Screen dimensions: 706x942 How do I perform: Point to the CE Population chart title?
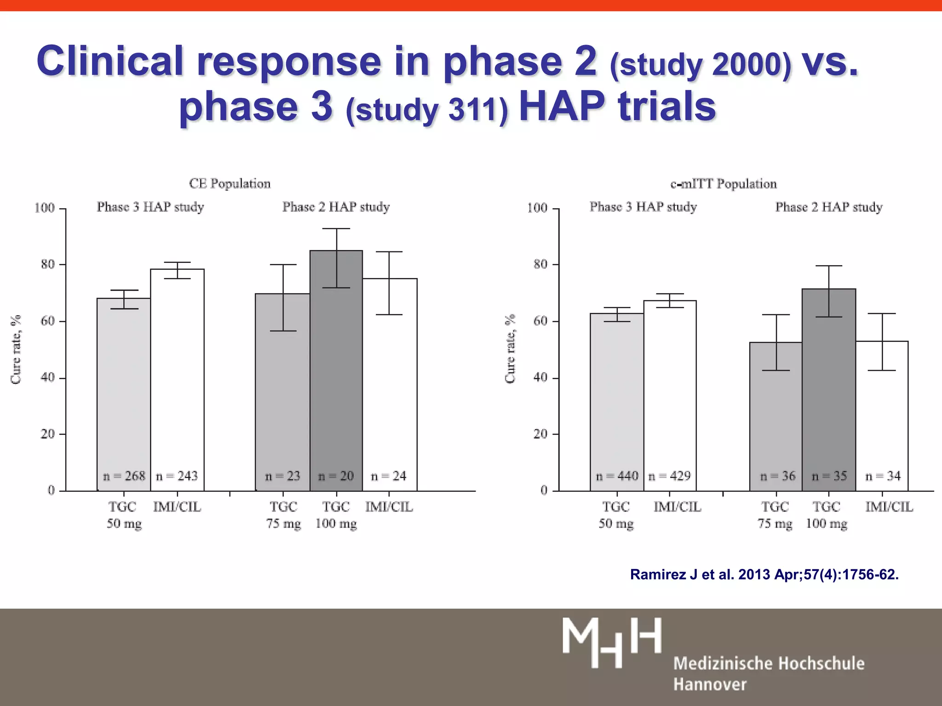pos(230,184)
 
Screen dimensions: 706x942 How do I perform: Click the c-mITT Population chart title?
pos(724,184)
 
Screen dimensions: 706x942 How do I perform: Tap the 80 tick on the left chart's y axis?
pos(47,264)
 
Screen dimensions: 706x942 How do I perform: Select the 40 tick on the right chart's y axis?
pos(540,377)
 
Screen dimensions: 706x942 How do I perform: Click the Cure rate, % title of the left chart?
pos(16,349)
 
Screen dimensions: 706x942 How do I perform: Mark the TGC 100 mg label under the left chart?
pos(336,515)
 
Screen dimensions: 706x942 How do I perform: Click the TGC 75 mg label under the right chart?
pos(775,515)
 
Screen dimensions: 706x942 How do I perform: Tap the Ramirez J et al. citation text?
pos(764,575)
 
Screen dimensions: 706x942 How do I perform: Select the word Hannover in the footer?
pos(710,684)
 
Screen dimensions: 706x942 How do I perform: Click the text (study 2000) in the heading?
pos(701,65)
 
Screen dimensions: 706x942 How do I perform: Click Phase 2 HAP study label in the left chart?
pos(336,207)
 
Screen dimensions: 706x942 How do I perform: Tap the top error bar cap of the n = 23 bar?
pos(283,265)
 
